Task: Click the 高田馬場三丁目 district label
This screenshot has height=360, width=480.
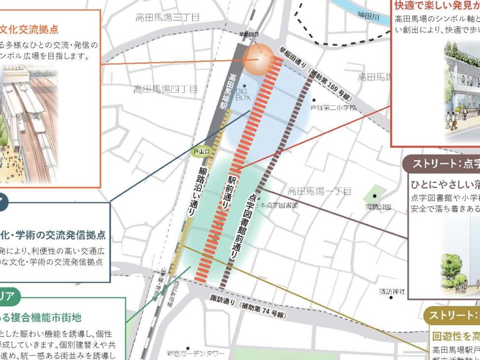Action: pyautogui.click(x=168, y=18)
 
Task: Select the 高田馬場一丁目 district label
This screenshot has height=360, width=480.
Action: pyautogui.click(x=319, y=191)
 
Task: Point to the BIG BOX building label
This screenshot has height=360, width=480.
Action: pyautogui.click(x=243, y=95)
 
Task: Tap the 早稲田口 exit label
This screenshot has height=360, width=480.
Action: pyautogui.click(x=248, y=35)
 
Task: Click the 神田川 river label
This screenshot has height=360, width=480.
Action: pyautogui.click(x=369, y=17)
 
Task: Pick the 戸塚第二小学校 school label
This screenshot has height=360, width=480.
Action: pyautogui.click(x=333, y=107)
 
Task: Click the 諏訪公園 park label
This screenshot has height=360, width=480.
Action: pyautogui.click(x=378, y=207)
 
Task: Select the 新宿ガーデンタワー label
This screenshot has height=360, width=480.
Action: pyautogui.click(x=195, y=354)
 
